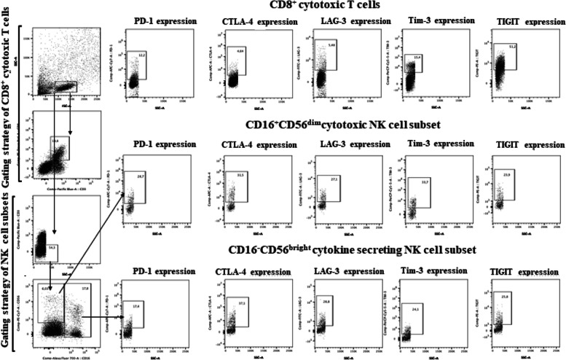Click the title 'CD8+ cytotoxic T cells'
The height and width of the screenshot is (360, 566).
point(330,6)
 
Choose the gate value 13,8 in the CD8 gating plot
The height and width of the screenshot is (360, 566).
point(55,138)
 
